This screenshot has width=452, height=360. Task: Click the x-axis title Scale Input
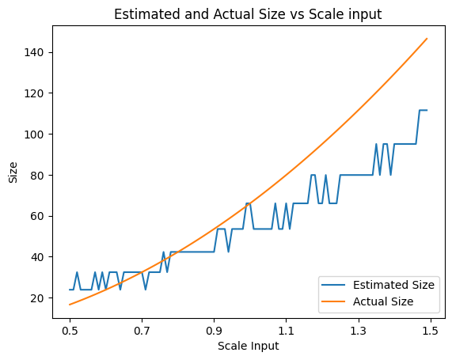(x=249, y=346)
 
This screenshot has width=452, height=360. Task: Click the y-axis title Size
(x=12, y=172)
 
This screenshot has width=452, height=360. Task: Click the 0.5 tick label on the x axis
(x=70, y=329)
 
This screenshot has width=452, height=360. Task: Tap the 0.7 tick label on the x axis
(x=142, y=329)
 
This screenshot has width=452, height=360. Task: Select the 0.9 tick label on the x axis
(x=214, y=329)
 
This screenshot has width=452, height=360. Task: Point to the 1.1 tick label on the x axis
(x=286, y=329)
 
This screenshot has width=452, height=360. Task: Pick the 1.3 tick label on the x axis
(x=358, y=329)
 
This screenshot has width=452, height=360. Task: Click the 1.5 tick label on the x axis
(x=430, y=329)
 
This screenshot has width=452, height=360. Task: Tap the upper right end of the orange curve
(x=427, y=39)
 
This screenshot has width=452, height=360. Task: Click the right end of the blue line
(x=427, y=110)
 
